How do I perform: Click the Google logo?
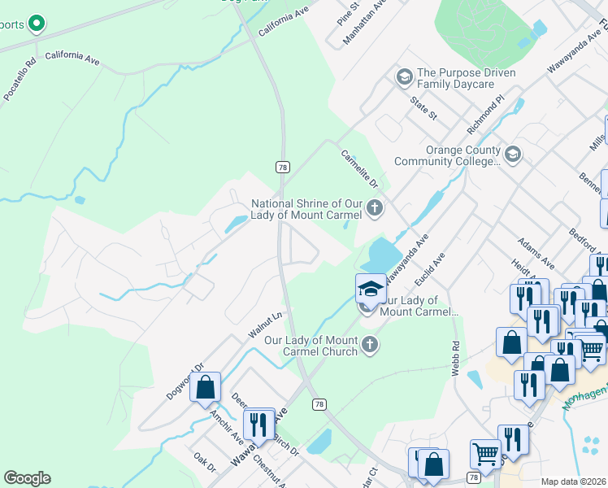pyautogui.click(x=27, y=478)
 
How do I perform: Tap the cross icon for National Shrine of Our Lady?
pyautogui.click(x=374, y=209)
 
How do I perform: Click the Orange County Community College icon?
pyautogui.click(x=512, y=154)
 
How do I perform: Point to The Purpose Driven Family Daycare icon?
pyautogui.click(x=403, y=77)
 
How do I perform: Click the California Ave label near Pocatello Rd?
pyautogui.click(x=72, y=57)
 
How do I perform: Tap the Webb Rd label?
pyautogui.click(x=456, y=357)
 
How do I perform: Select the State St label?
pyautogui.click(x=423, y=107)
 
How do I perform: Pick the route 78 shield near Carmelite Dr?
pyautogui.click(x=282, y=167)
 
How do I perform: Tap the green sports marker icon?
pyautogui.click(x=36, y=24)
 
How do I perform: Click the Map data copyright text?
pyautogui.click(x=574, y=481)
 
